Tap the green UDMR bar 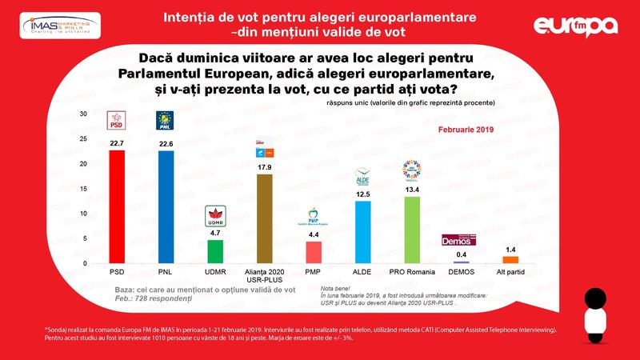(214, 251)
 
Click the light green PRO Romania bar (412, 230)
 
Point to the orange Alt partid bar (510, 259)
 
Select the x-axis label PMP (313, 272)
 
